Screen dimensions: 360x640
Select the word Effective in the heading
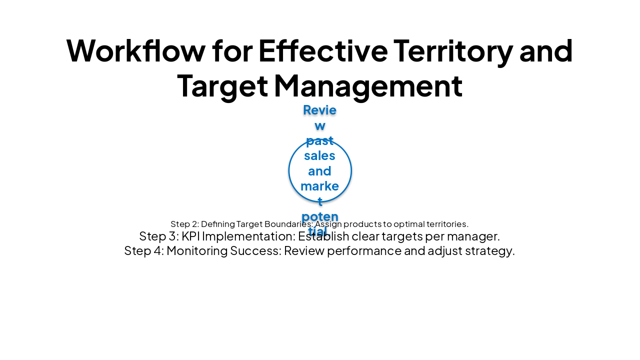323,50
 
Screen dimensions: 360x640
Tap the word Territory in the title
453,50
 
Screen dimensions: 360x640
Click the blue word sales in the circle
319,155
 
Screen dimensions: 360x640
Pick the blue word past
319,140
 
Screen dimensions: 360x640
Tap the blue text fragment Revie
319,110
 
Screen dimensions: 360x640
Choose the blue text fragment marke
319,186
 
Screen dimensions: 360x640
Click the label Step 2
184,224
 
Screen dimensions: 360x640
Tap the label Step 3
157,236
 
